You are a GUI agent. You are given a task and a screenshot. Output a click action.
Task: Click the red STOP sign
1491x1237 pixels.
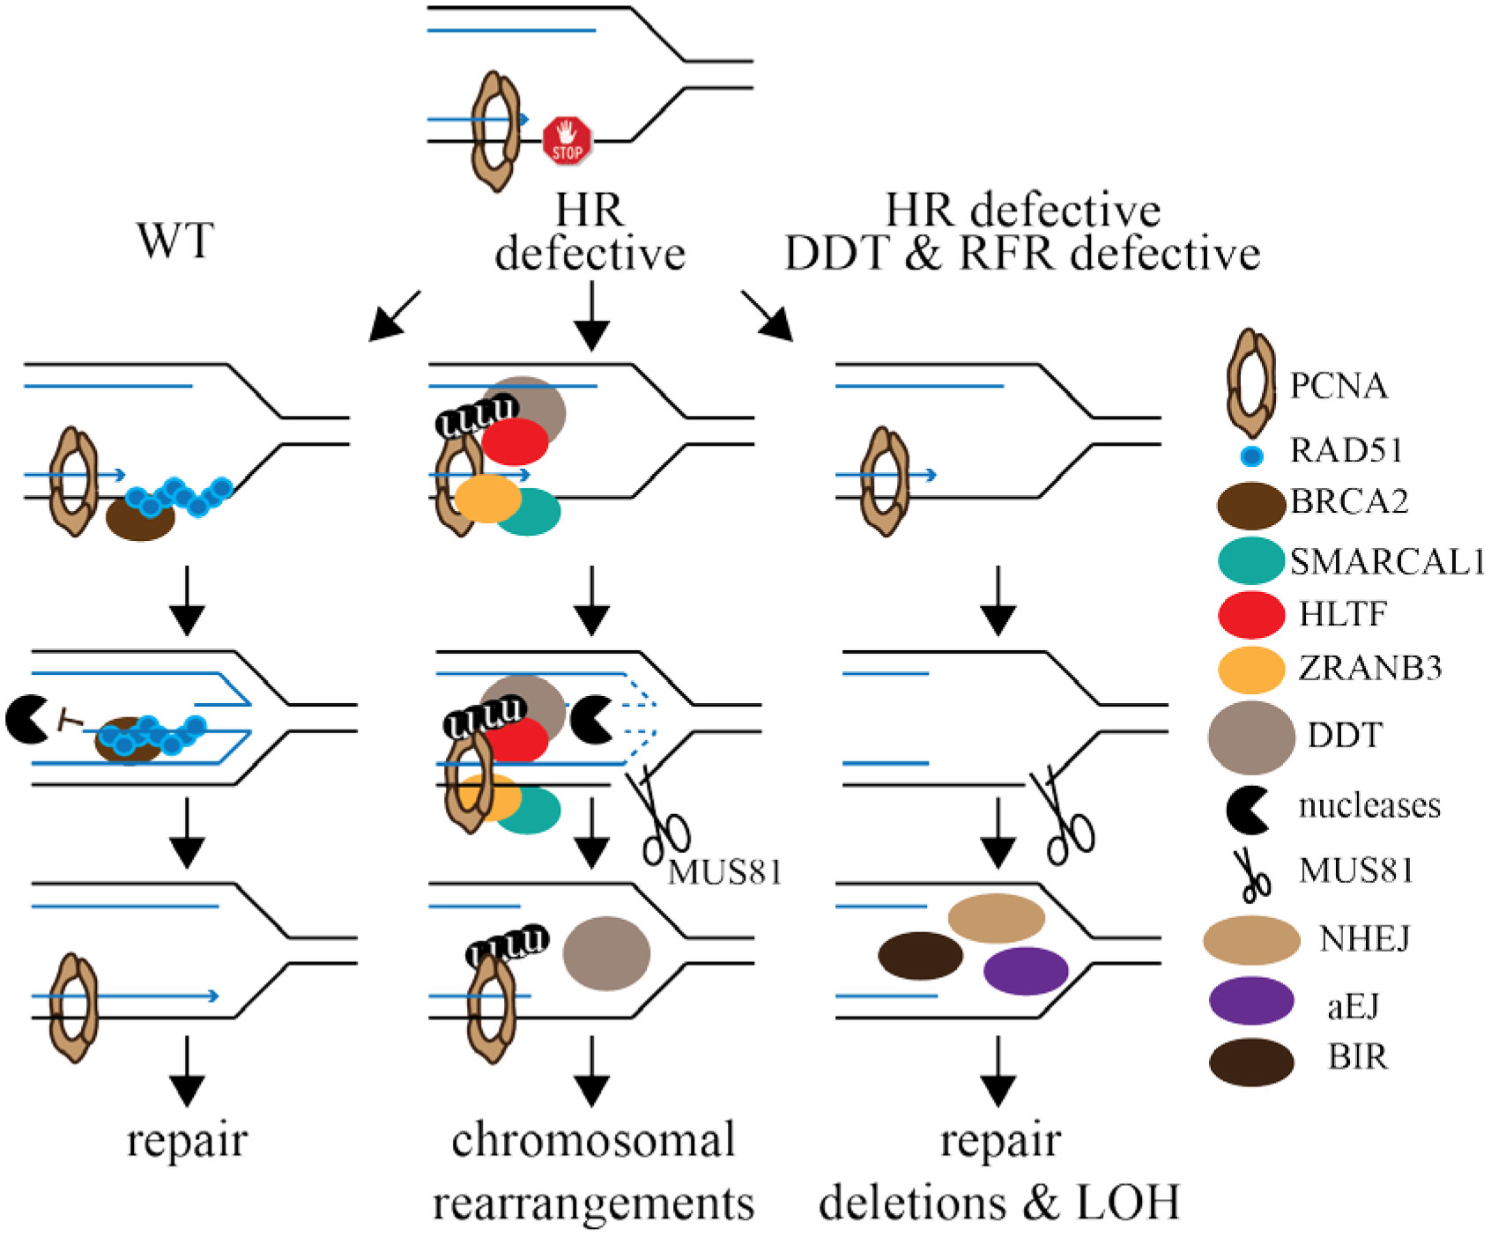[x=567, y=141]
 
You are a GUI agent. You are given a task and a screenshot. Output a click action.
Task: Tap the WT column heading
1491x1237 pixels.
[x=175, y=240]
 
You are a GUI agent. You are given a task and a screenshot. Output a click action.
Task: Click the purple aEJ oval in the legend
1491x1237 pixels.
[x=1251, y=1002]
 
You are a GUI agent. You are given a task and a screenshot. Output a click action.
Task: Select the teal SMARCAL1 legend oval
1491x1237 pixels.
[x=1251, y=560]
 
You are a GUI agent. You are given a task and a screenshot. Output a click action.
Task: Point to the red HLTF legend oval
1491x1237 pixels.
[x=1251, y=614]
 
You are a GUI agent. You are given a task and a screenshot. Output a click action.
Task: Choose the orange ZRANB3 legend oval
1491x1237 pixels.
[x=1251, y=669]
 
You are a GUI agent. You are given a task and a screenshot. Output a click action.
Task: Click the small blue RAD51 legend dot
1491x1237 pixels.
[x=1251, y=456]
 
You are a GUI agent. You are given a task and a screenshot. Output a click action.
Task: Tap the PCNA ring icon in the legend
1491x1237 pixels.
[x=1251, y=383]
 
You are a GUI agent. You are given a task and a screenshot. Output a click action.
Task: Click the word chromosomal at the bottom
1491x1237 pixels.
[x=593, y=1140]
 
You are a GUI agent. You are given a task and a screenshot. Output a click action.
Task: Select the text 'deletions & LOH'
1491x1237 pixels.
[x=999, y=1203]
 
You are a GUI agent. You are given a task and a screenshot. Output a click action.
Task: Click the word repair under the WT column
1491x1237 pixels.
[x=187, y=1140]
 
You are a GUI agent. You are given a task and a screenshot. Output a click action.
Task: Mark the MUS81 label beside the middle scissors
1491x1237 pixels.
[x=724, y=872]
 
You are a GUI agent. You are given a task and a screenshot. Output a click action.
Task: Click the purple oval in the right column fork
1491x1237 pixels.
[x=1026, y=971]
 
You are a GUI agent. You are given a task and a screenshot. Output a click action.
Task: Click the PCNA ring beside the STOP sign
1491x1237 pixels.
[x=496, y=132]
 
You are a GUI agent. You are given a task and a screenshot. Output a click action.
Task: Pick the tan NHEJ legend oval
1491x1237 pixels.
[x=1251, y=940]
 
